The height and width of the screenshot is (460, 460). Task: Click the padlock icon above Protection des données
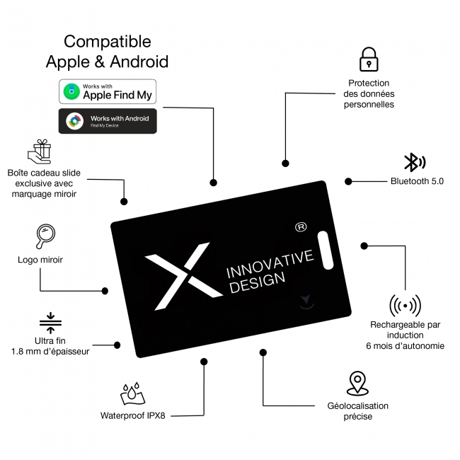(369, 59)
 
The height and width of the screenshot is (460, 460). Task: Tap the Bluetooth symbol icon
(415, 162)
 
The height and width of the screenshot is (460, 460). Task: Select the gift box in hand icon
(40, 151)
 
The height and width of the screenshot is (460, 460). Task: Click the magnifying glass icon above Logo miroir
(45, 236)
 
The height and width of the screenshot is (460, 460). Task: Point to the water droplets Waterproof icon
(132, 393)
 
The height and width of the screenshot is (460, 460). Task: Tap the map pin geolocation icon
(357, 384)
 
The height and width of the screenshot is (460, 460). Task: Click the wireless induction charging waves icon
(405, 306)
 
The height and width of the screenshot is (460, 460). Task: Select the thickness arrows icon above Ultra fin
(50, 323)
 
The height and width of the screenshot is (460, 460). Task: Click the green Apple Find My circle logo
(71, 91)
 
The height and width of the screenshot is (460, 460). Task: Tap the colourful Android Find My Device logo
(75, 121)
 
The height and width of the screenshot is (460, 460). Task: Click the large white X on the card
(184, 276)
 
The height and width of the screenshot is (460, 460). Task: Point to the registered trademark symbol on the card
(301, 227)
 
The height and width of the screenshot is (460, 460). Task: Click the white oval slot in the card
(326, 250)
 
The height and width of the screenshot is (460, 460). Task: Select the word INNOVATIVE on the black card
(270, 263)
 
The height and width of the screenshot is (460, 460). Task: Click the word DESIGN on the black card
(258, 282)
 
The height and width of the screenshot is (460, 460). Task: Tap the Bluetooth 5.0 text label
(417, 181)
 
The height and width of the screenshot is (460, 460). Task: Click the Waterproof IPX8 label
(132, 415)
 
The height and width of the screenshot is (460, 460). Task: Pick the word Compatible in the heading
(108, 41)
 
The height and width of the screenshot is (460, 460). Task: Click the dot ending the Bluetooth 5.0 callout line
(348, 182)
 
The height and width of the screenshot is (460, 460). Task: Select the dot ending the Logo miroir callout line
(105, 291)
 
